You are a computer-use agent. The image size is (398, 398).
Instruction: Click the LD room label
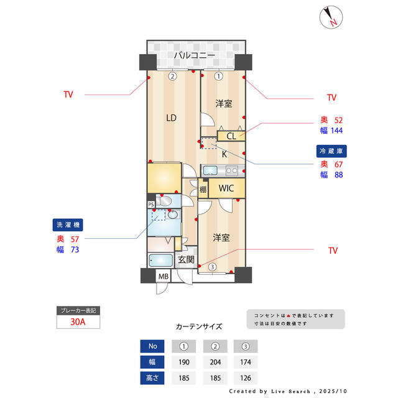[170, 117]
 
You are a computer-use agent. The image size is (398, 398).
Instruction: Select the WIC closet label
[226, 188]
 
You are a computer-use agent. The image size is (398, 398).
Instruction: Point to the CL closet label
[230, 136]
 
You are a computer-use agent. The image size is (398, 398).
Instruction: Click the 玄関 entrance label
[186, 260]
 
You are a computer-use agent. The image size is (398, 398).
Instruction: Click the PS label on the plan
[151, 204]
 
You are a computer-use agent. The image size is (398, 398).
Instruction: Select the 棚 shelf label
[203, 190]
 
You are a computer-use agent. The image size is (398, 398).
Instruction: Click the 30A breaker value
[78, 322]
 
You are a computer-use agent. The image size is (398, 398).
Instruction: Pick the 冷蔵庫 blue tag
[330, 150]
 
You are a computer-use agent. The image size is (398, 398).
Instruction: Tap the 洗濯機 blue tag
[68, 224]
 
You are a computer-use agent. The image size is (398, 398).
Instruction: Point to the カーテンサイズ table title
[199, 326]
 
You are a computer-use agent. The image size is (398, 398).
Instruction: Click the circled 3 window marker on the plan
[212, 267]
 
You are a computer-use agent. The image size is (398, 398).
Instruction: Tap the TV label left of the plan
[68, 95]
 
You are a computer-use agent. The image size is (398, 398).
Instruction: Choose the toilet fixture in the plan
[165, 201]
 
